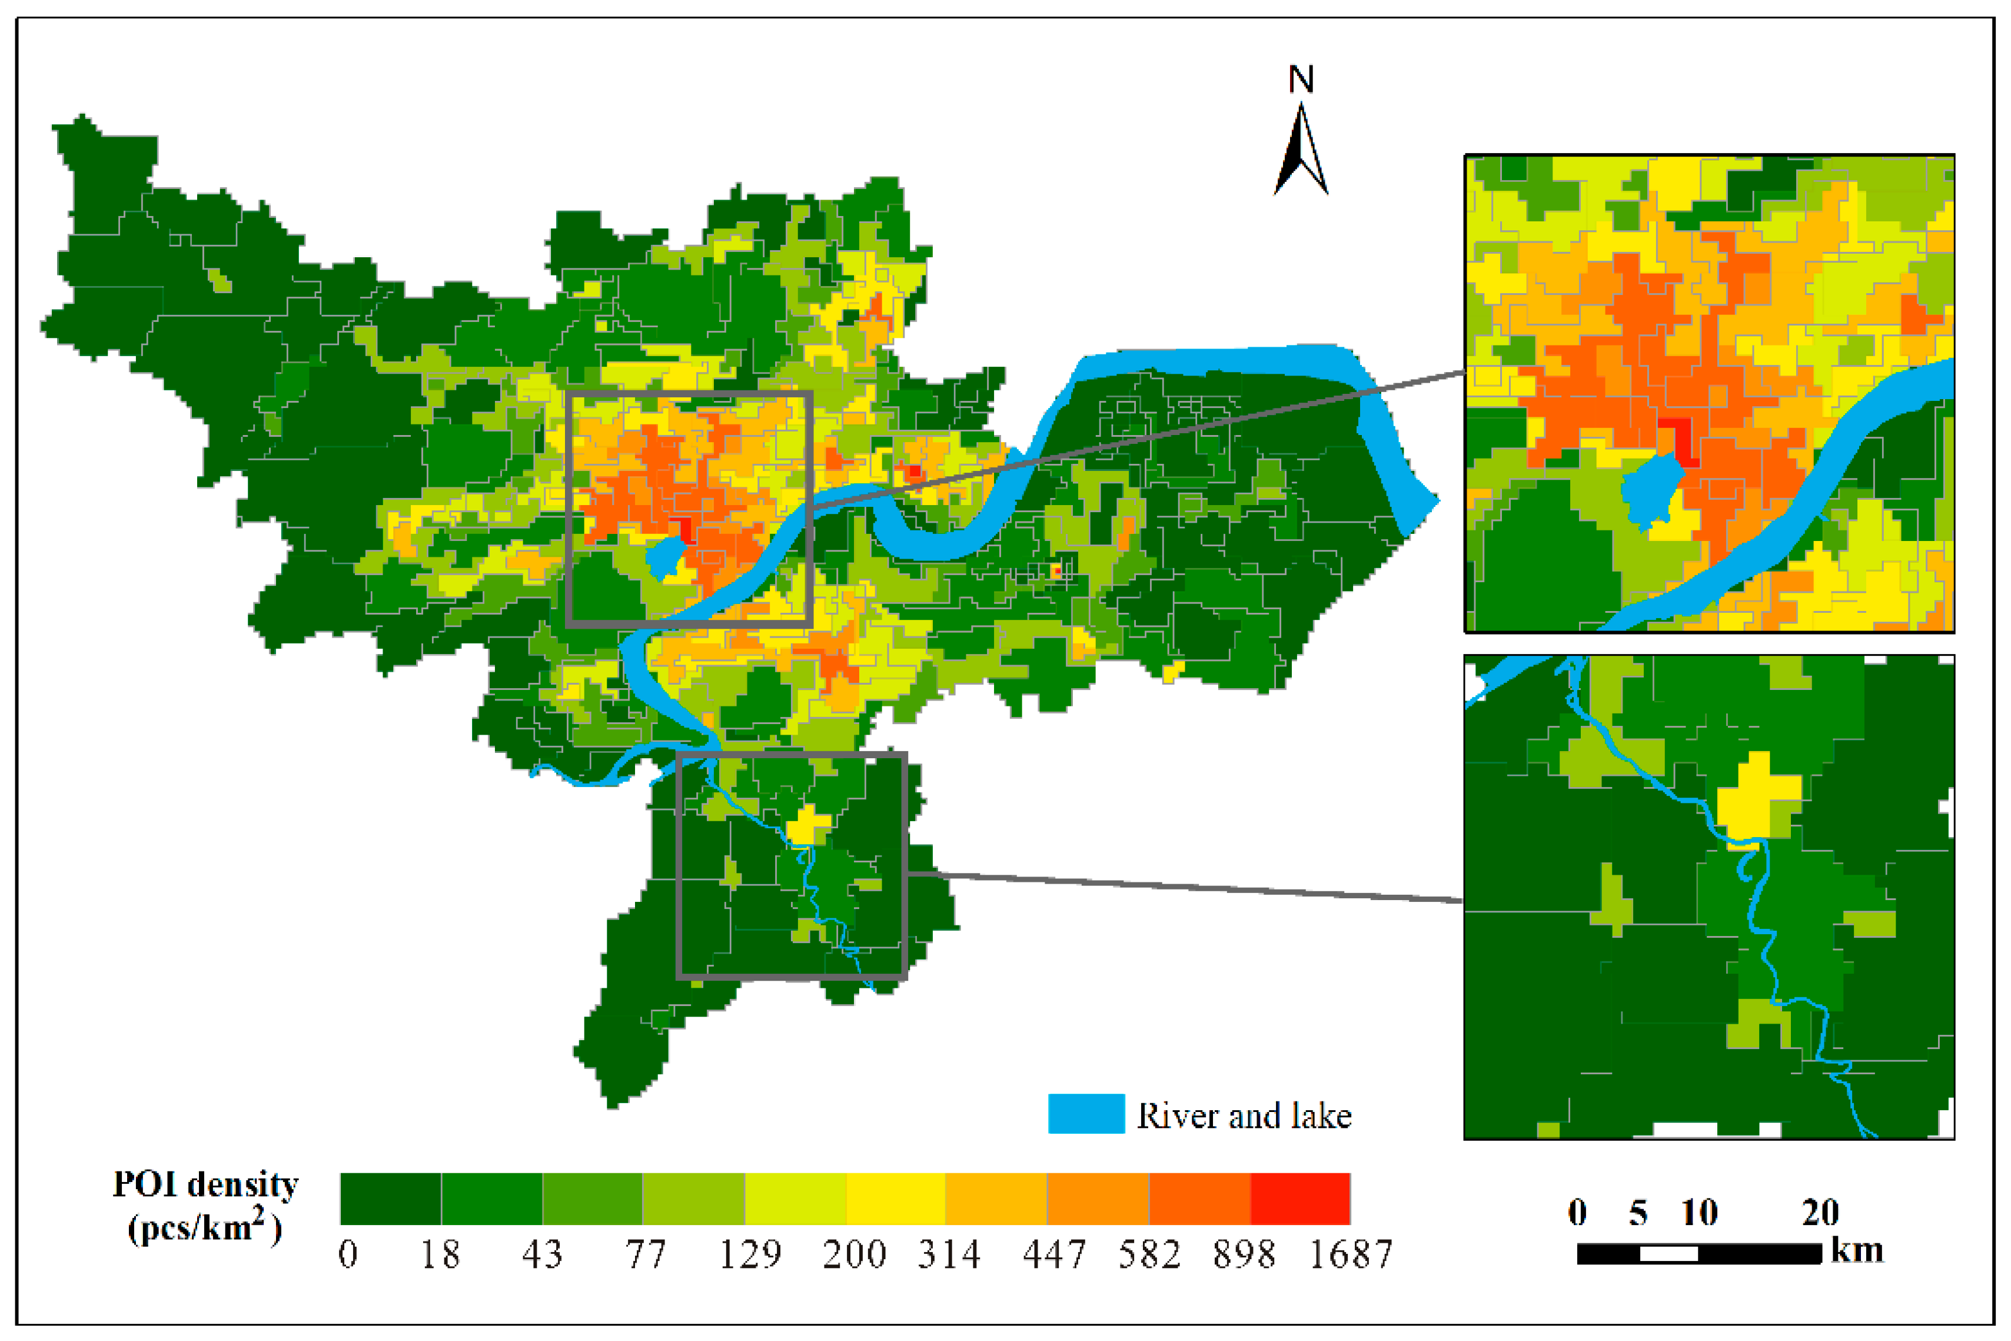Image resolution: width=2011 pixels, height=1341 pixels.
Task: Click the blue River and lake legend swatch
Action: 1086,1114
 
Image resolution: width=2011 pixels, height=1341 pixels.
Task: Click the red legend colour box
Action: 1299,1198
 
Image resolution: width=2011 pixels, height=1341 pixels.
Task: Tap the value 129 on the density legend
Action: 750,1254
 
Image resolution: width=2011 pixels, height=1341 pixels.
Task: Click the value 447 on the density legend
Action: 1053,1254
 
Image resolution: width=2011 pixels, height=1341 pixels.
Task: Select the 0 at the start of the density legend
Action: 348,1254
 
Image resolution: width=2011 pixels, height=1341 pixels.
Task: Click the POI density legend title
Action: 205,1206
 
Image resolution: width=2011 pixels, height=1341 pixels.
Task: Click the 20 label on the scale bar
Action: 1820,1213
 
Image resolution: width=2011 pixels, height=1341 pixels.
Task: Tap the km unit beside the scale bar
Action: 1857,1250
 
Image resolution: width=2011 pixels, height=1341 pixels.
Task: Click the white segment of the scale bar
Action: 1668,1254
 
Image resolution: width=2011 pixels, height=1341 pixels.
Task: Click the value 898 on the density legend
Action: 1244,1254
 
